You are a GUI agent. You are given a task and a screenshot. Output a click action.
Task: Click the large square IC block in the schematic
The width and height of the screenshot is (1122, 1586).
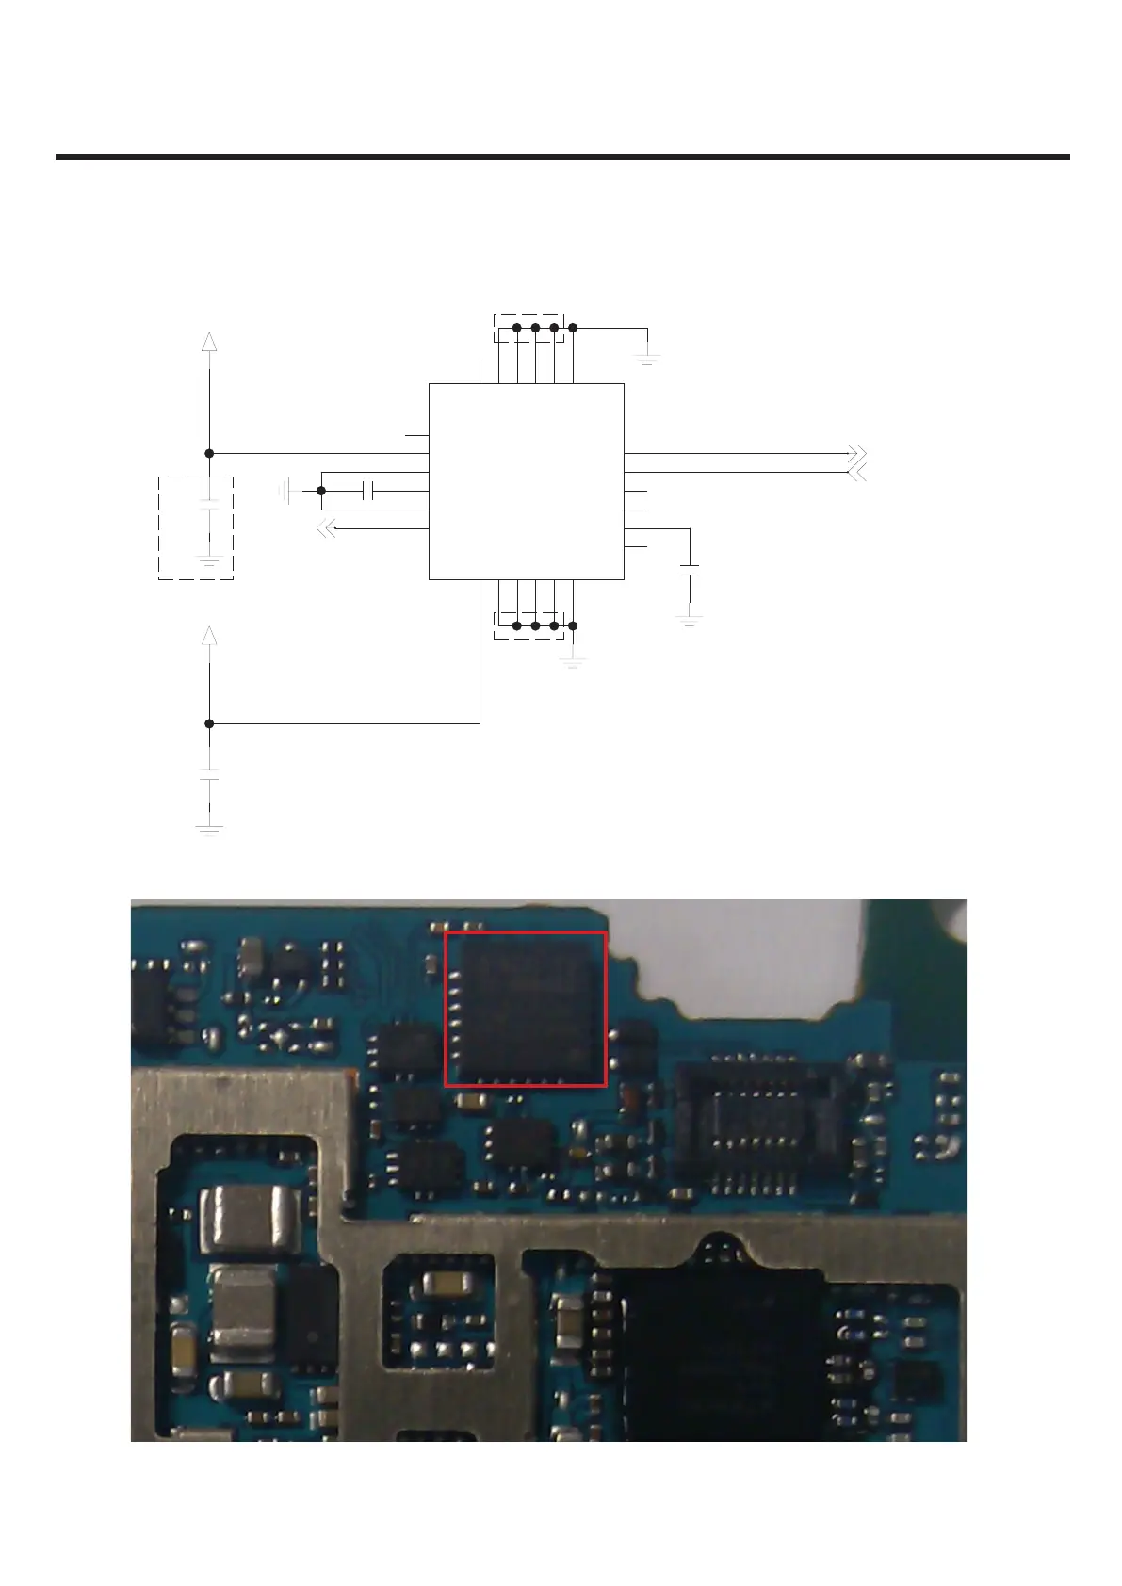(x=526, y=480)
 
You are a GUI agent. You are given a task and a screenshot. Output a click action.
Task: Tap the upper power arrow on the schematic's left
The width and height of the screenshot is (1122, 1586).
(x=209, y=341)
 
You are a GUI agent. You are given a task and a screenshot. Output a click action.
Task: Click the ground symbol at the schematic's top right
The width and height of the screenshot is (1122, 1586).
(x=647, y=358)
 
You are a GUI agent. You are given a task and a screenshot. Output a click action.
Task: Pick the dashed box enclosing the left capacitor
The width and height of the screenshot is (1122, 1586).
(x=195, y=527)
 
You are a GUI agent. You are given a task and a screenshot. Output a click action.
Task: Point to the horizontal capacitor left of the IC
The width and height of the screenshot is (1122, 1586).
(x=368, y=491)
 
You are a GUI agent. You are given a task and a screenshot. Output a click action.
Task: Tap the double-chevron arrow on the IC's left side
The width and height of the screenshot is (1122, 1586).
(x=325, y=529)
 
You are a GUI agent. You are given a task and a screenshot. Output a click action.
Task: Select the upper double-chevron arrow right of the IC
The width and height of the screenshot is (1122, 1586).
(x=856, y=453)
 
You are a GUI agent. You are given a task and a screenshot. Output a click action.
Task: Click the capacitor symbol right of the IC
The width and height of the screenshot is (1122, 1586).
(x=690, y=570)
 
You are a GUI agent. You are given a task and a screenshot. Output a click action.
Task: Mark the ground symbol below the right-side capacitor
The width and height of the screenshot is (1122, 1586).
(x=690, y=620)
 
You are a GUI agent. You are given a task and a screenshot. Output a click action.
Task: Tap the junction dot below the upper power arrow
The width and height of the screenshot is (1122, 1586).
(x=209, y=453)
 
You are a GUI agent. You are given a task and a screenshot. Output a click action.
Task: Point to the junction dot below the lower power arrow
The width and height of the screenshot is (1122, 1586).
(x=209, y=723)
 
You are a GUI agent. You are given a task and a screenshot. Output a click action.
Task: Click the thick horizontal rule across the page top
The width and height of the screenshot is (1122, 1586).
(x=562, y=157)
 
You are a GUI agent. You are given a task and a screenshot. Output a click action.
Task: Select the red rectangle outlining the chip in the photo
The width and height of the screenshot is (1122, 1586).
(x=525, y=1009)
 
